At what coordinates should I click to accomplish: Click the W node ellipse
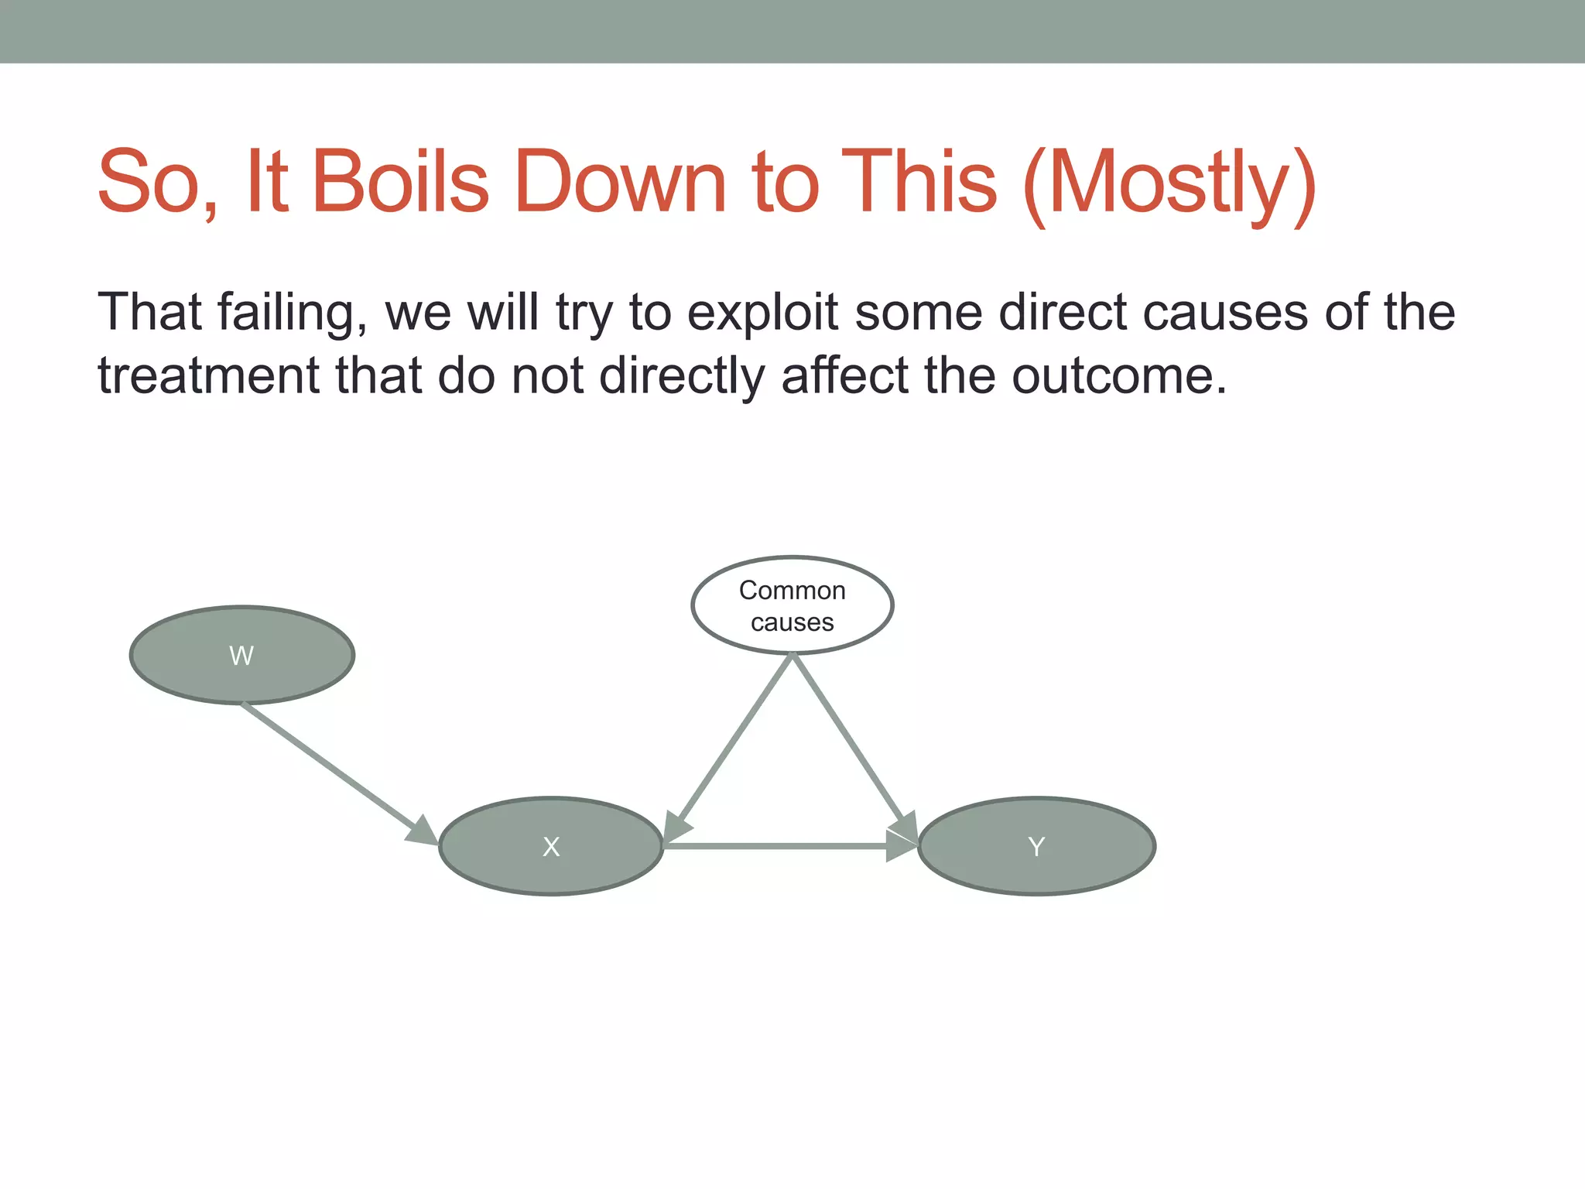point(242,655)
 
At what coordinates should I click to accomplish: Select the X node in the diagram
point(551,846)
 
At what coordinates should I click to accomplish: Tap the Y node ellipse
point(1036,846)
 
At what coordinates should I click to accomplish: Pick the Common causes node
point(792,605)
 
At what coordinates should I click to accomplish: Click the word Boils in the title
point(400,183)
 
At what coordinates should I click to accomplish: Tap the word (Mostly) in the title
point(1169,183)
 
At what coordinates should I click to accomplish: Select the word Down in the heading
point(620,183)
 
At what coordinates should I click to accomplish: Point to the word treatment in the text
point(207,375)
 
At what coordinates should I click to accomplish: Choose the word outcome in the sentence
point(1118,375)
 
